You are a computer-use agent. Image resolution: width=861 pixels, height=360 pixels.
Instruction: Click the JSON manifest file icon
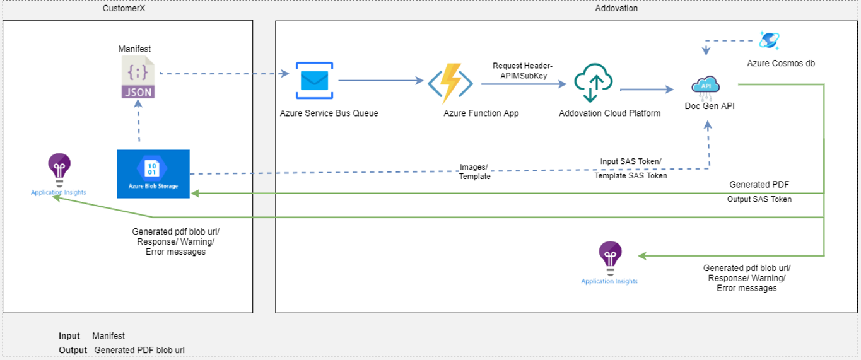click(138, 77)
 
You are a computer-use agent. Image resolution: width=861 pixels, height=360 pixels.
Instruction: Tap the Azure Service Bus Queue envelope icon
click(314, 81)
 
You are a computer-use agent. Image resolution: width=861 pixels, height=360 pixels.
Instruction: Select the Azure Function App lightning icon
click(450, 83)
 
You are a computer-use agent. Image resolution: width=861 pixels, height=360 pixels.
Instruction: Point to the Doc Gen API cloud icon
click(706, 88)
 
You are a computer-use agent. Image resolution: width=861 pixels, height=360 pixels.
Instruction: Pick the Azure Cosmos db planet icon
click(769, 40)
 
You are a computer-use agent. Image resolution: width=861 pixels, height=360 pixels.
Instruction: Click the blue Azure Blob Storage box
click(153, 174)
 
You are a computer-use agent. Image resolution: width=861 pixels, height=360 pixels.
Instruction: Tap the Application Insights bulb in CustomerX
click(59, 170)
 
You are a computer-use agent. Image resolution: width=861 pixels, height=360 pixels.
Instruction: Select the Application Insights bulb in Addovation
click(610, 258)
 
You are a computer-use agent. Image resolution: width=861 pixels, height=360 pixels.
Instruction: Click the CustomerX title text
click(124, 8)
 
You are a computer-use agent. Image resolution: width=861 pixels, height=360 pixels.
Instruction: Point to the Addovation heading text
click(616, 8)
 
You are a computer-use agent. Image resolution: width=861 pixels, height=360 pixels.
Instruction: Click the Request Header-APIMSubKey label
click(523, 71)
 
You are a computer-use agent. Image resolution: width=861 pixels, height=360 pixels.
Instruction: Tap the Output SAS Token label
click(759, 199)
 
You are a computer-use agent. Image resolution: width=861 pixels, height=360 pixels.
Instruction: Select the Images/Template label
click(474, 171)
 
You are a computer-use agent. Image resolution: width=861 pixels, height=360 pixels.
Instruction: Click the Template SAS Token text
click(630, 175)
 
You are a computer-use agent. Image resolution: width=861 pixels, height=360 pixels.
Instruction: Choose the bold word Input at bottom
click(69, 336)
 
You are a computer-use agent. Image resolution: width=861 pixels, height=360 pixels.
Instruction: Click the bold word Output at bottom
click(73, 350)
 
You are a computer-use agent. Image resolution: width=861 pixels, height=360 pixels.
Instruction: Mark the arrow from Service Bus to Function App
click(381, 81)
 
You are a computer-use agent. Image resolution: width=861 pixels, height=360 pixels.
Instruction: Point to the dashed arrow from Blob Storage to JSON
click(138, 120)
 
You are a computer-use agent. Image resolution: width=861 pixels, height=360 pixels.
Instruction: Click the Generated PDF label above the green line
click(759, 185)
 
